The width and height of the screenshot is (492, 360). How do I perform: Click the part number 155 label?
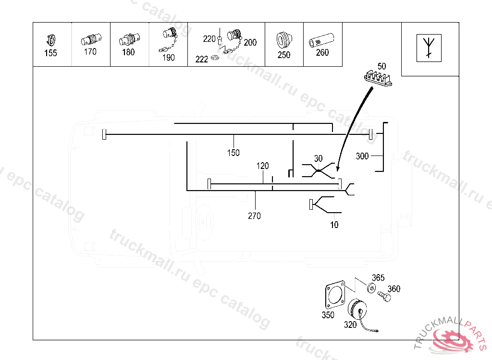pos(50,53)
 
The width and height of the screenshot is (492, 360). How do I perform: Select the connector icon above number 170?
pos(90,39)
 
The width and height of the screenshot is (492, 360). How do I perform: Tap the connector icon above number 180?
pos(128,39)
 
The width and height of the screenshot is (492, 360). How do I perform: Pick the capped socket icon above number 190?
pos(170,35)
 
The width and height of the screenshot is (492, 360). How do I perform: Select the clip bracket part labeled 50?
pos(377,77)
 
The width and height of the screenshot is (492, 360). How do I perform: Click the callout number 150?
pos(234,153)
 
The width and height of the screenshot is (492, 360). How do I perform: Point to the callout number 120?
pos(262,166)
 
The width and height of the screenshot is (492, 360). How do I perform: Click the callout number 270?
pos(255,216)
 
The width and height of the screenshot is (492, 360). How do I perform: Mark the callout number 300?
pos(362,156)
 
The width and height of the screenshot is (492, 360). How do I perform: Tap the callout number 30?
pos(319,158)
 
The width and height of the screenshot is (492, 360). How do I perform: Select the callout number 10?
pos(334,225)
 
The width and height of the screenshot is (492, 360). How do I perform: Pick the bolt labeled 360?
pos(384,296)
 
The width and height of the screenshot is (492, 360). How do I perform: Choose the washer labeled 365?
pos(370,288)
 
